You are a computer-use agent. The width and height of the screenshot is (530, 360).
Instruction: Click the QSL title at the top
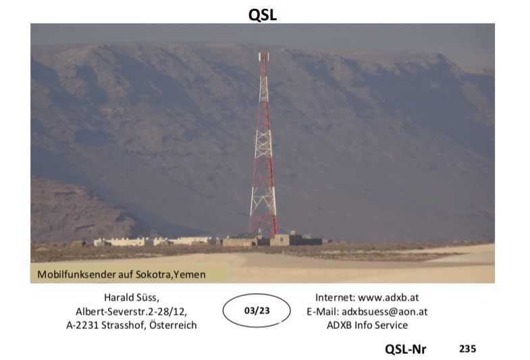tap(263, 15)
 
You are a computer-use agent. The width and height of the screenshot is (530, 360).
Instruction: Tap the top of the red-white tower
tap(263, 53)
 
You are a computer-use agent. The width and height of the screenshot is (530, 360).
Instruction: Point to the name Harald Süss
tap(132, 297)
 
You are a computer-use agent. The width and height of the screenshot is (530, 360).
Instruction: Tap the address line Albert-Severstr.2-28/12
tap(132, 311)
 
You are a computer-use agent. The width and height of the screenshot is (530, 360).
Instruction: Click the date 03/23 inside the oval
tap(257, 310)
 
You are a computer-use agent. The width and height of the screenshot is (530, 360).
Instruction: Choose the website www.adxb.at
tap(388, 297)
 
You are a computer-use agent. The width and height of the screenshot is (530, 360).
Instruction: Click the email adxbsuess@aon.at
tap(385, 311)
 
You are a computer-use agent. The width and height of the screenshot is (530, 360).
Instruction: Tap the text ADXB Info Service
tap(367, 325)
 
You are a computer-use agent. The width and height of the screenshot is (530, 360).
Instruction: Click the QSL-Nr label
tap(406, 349)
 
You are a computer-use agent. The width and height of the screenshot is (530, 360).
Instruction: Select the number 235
tap(467, 349)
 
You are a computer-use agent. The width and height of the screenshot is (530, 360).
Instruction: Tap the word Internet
tap(336, 297)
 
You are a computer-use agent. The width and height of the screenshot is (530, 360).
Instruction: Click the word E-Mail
tap(323, 311)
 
